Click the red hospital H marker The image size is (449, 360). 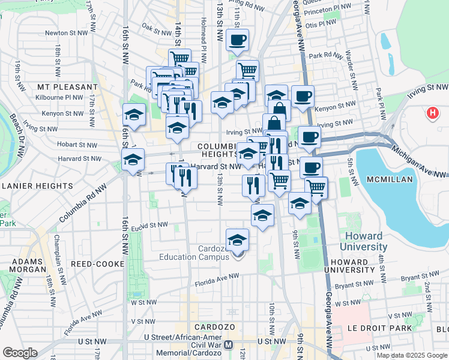click(x=432, y=112)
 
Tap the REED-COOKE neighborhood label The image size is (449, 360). click(x=97, y=263)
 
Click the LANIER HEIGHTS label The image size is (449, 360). click(x=37, y=186)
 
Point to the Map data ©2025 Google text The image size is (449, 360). click(x=412, y=355)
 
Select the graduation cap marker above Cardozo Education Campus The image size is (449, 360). click(x=237, y=240)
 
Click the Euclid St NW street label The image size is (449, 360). click(x=150, y=225)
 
